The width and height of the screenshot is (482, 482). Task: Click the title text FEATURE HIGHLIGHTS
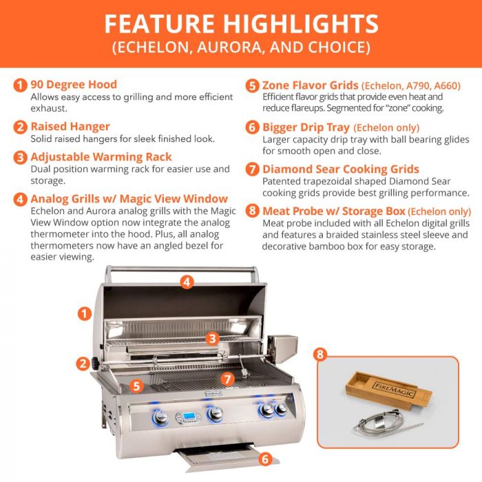pos(241,23)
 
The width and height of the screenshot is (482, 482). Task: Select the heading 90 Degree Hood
pos(74,85)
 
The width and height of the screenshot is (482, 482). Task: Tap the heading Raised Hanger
pos(70,126)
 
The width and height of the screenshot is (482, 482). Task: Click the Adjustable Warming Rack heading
pos(101,157)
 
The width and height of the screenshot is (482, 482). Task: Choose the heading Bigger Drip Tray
pos(306,127)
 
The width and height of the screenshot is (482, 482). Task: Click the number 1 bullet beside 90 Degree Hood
pos(21,85)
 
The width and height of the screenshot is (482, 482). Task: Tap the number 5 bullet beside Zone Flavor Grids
pos(253,85)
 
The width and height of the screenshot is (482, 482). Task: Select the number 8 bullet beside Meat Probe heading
pos(253,211)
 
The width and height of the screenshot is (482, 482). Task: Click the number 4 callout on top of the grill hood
pos(187,281)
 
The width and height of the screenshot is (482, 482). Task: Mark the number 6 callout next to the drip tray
pos(265,458)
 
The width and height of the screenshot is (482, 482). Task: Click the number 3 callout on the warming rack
pos(213,338)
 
